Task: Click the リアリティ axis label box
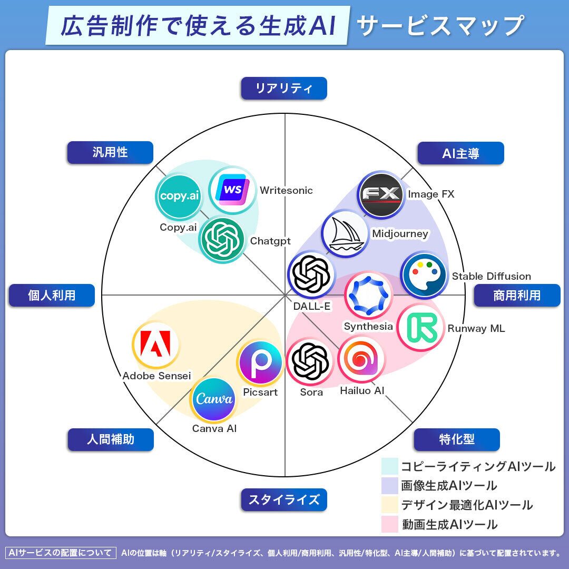tap(284, 88)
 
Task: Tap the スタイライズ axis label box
tap(284, 499)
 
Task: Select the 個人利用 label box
tap(52, 296)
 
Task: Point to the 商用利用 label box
tap(517, 296)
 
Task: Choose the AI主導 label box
tap(460, 153)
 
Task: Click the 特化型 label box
tap(456, 439)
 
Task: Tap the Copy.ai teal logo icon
tap(179, 197)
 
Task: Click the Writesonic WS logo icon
tap(232, 190)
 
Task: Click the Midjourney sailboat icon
tap(345, 233)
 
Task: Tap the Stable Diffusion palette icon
tap(424, 276)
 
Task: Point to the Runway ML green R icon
tap(420, 328)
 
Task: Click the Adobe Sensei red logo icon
tap(155, 345)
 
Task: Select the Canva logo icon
tap(213, 399)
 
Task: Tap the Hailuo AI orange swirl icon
tap(361, 359)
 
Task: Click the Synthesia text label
tap(368, 326)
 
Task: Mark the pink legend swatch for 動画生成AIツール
tap(390, 524)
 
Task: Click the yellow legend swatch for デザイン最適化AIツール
tap(390, 505)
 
